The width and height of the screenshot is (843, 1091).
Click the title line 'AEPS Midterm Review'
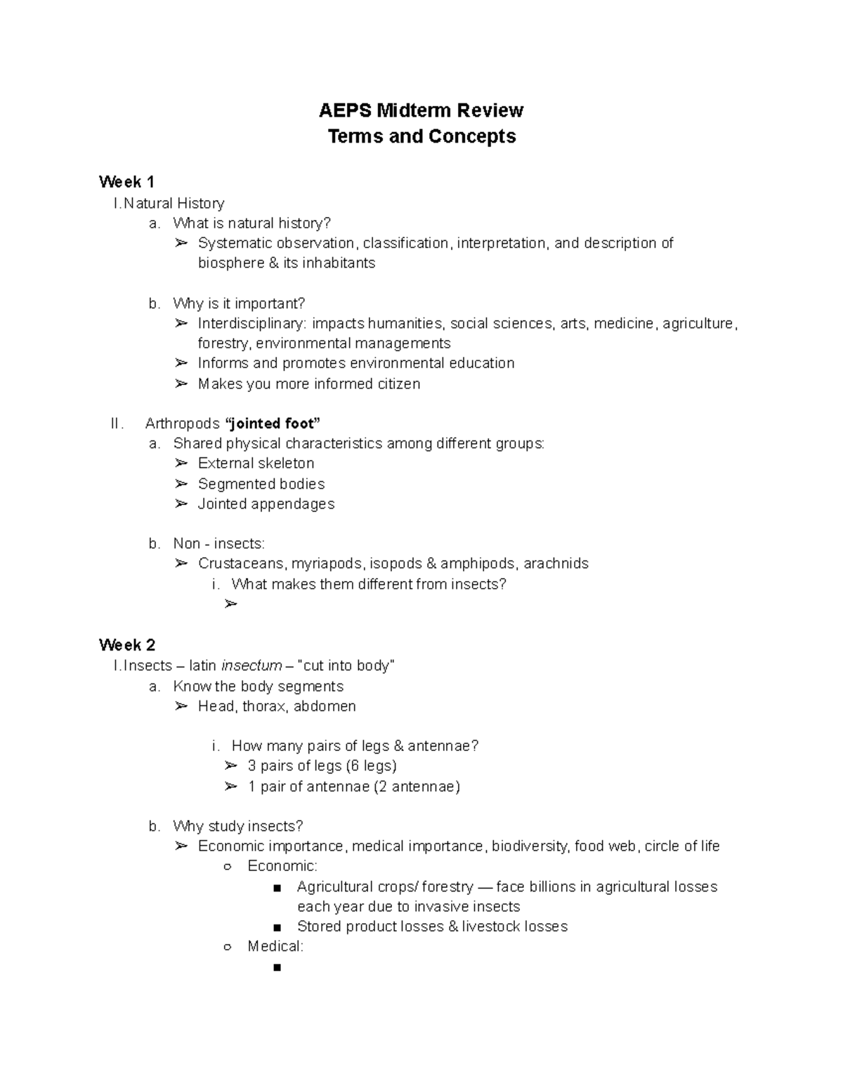pyautogui.click(x=421, y=110)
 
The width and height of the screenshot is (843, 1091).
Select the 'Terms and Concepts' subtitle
pyautogui.click(x=421, y=136)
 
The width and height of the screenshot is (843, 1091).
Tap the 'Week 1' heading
pyautogui.click(x=126, y=182)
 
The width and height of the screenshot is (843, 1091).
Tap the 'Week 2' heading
pyautogui.click(x=127, y=645)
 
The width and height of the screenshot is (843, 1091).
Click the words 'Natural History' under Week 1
pyautogui.click(x=174, y=203)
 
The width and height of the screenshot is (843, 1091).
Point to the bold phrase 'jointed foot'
pyautogui.click(x=272, y=423)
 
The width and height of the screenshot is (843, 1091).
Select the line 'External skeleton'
pyautogui.click(x=256, y=463)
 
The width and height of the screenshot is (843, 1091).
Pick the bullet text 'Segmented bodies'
pyautogui.click(x=261, y=483)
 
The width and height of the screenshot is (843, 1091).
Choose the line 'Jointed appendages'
pyautogui.click(x=266, y=504)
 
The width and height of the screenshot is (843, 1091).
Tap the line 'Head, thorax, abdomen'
pyautogui.click(x=277, y=706)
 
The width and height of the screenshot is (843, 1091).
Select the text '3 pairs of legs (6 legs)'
pyautogui.click(x=322, y=766)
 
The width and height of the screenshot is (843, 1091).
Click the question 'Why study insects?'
pyautogui.click(x=238, y=825)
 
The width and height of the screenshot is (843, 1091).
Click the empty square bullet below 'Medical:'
pyautogui.click(x=275, y=967)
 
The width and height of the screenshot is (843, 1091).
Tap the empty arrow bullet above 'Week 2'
pyautogui.click(x=231, y=603)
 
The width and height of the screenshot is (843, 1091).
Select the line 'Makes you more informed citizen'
pyautogui.click(x=309, y=384)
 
